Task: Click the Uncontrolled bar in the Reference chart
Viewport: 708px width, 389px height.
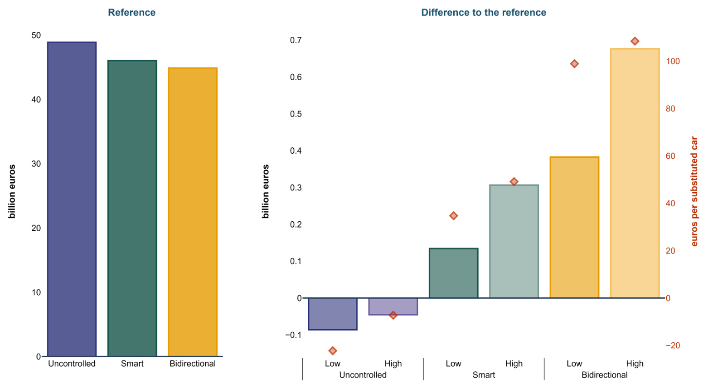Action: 72,199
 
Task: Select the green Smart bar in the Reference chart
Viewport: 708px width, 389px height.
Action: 132,208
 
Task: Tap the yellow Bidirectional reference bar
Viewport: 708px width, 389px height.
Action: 192,212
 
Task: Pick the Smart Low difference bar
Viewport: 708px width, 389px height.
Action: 453,273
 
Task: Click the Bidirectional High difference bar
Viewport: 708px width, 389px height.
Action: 635,173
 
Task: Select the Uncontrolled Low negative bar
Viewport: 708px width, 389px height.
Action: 332,313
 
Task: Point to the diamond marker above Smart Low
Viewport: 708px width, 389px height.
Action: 453,216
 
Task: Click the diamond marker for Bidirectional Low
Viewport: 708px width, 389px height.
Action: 574,64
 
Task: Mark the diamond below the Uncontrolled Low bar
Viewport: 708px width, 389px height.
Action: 332,350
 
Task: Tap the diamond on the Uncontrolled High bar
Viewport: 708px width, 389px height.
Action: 393,315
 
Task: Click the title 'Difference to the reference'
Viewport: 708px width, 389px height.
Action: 483,12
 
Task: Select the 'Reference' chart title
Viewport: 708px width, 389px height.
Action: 132,12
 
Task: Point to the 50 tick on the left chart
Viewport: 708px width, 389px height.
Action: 36,35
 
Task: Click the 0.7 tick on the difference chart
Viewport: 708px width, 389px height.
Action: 295,40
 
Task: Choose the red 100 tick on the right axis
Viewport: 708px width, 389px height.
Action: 673,61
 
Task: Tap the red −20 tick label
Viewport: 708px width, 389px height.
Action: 672,346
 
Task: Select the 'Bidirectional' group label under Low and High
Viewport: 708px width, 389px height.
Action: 604,375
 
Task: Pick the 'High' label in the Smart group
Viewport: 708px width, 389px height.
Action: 514,363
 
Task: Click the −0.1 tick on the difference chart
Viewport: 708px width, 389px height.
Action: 293,335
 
